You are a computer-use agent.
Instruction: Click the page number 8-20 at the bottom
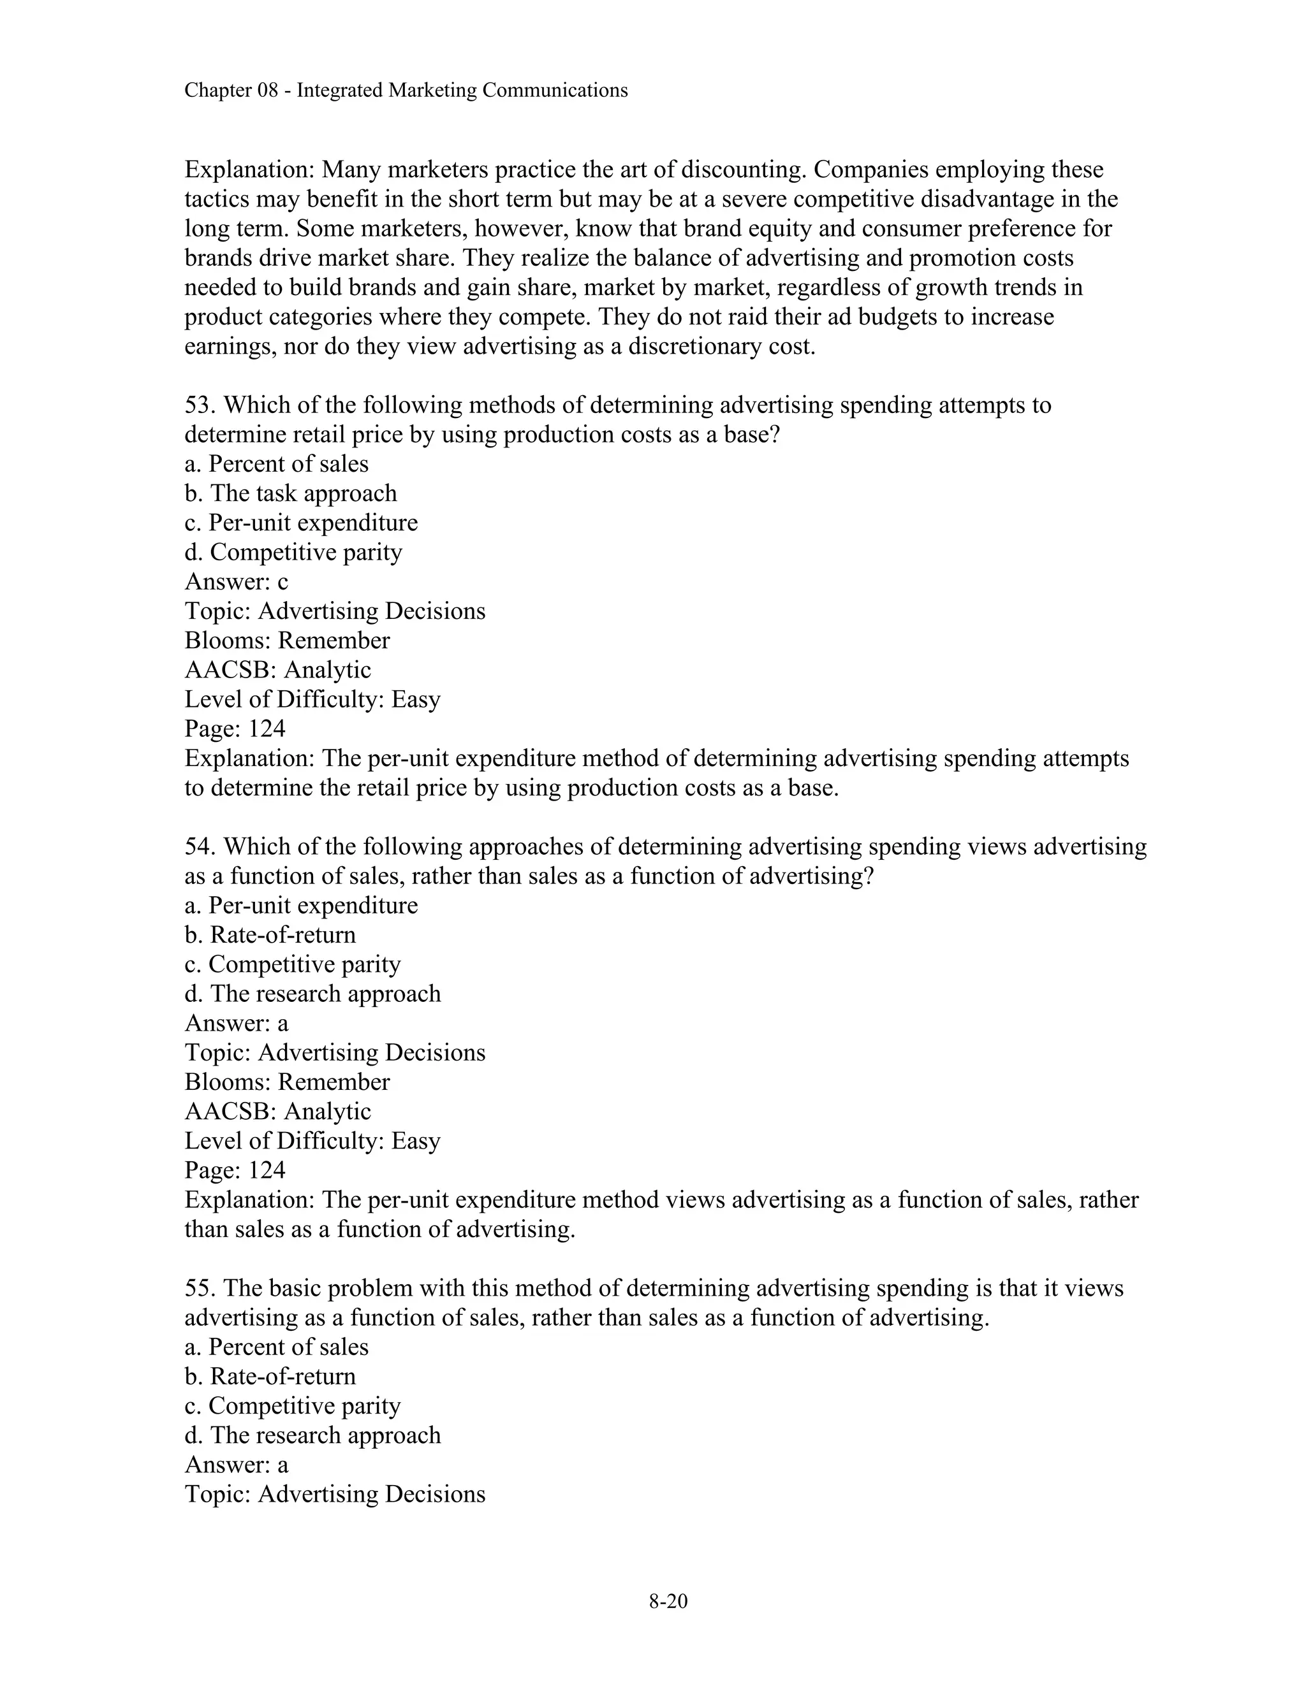pyautogui.click(x=668, y=1601)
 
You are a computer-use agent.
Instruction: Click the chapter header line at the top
pyautogui.click(x=406, y=91)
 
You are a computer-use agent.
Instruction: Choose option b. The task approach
pyautogui.click(x=290, y=493)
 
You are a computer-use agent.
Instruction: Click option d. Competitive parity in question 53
pyautogui.click(x=293, y=552)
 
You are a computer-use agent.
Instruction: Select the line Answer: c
pyautogui.click(x=236, y=581)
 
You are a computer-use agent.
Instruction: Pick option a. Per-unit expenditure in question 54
pyautogui.click(x=301, y=906)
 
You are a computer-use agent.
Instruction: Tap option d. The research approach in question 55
pyautogui.click(x=312, y=1435)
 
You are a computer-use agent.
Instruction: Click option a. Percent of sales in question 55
pyautogui.click(x=276, y=1347)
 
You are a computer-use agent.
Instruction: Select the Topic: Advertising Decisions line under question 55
pyautogui.click(x=334, y=1494)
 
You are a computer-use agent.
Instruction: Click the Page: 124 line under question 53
pyautogui.click(x=235, y=729)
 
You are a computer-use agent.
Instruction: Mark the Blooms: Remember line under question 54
pyautogui.click(x=287, y=1082)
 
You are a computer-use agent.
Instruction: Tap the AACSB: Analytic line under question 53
pyautogui.click(x=278, y=670)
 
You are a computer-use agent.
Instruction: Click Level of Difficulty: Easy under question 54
pyautogui.click(x=312, y=1141)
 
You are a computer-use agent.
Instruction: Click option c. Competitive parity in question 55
pyautogui.click(x=293, y=1406)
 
